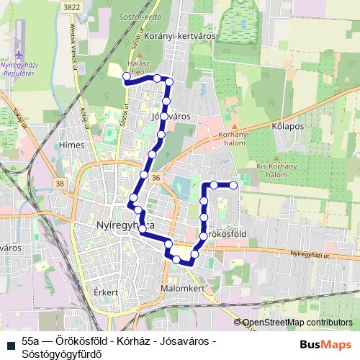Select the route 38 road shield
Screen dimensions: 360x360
58,184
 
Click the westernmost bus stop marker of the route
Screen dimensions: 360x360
127,76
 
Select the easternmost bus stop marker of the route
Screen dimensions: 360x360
233,185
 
